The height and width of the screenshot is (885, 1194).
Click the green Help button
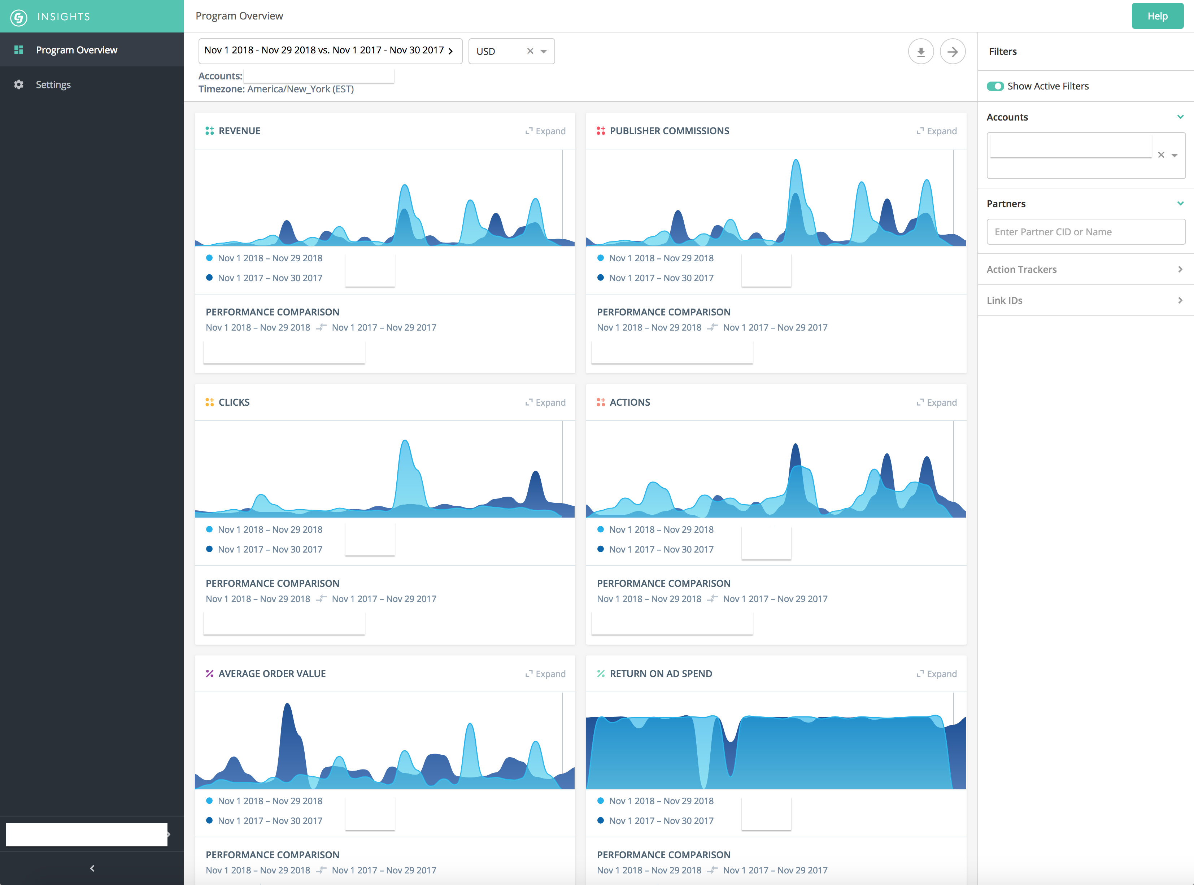(x=1157, y=16)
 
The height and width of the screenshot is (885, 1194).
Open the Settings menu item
(x=53, y=85)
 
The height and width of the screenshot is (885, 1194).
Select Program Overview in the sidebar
(x=77, y=50)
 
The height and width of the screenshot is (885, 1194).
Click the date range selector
(x=330, y=51)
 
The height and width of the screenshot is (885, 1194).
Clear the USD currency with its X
(x=530, y=51)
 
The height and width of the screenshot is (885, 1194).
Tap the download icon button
(x=921, y=51)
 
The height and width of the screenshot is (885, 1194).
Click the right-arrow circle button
(x=953, y=51)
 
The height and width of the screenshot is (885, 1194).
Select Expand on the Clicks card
(x=545, y=403)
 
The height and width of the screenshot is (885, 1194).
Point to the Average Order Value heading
(x=272, y=674)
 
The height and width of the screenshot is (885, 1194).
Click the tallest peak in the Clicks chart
(x=405, y=441)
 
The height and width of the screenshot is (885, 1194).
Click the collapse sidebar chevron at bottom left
(x=92, y=868)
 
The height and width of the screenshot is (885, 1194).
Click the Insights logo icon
(x=19, y=17)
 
